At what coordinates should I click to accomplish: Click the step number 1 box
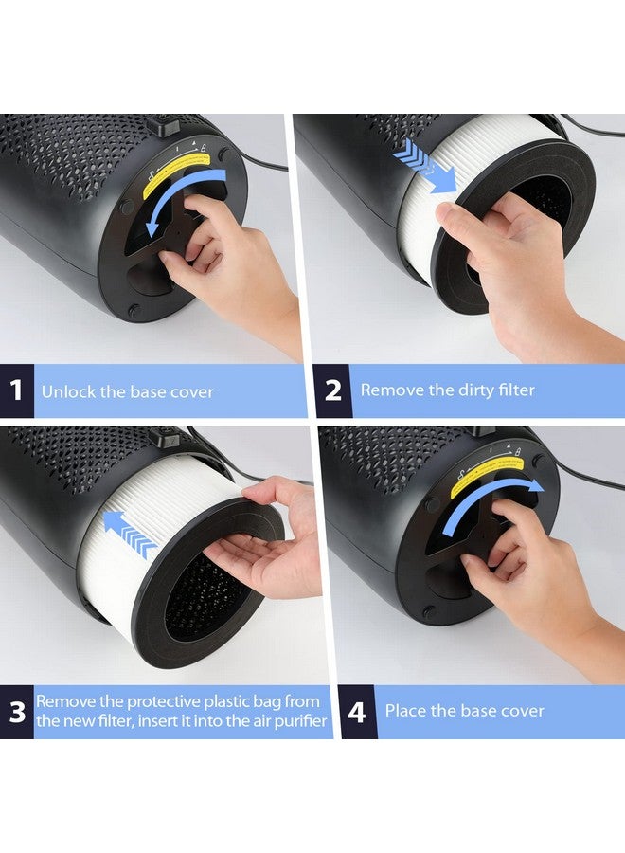[17, 390]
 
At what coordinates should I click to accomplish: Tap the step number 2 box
[332, 390]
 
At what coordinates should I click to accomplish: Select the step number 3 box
[17, 712]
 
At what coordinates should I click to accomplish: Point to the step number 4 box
[358, 712]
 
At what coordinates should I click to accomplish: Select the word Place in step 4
[405, 711]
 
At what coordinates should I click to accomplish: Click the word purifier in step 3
[300, 721]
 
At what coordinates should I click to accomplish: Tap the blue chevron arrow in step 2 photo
[427, 165]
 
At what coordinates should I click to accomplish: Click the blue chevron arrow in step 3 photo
[130, 533]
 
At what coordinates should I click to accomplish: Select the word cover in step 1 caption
[192, 392]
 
